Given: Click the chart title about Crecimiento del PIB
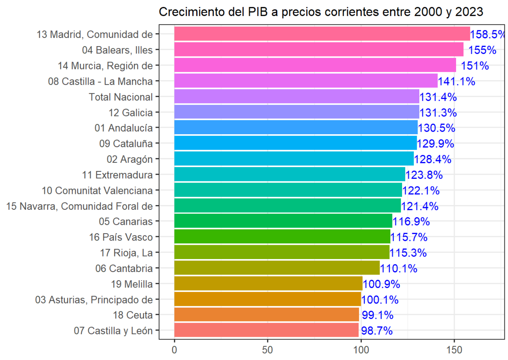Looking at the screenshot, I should tap(321, 12).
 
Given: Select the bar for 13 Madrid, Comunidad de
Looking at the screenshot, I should tap(322, 34).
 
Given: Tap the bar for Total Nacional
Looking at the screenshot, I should tap(297, 97).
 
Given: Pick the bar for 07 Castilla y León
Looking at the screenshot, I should tap(266, 330).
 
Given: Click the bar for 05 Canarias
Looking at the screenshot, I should tap(283, 221).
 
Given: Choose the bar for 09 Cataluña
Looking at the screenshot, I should tap(295, 143).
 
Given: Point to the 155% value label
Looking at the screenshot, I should tap(482, 50).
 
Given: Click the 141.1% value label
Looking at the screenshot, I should tap(456, 82).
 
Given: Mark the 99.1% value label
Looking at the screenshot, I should tap(377, 315).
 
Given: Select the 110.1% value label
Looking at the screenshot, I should tap(399, 268).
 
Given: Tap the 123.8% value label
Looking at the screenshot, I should tap(424, 175).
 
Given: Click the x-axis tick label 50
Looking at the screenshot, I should tap(268, 350).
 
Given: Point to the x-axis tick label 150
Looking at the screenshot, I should tap(454, 350).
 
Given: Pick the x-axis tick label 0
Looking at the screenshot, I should tap(174, 350).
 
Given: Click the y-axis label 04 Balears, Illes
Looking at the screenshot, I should tap(117, 50).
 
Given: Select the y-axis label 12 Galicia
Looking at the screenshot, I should tap(131, 113).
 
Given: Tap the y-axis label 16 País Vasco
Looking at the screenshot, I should tap(121, 237).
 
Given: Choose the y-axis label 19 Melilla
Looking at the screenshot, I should tap(132, 284).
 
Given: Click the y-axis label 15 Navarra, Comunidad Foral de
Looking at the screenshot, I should tap(79, 206).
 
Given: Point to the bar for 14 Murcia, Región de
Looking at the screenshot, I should tap(315, 65).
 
